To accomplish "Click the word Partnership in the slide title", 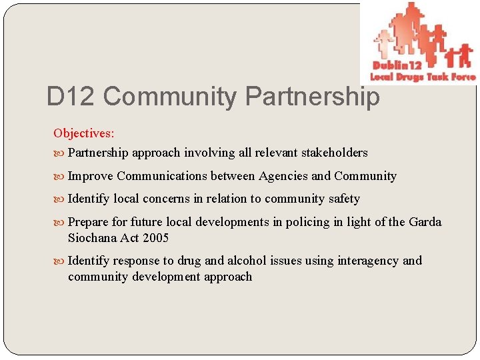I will [x=313, y=97].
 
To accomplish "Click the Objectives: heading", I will [x=84, y=133].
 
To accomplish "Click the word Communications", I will [x=161, y=176].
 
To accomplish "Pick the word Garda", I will [x=425, y=222].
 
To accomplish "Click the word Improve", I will [x=91, y=176].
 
